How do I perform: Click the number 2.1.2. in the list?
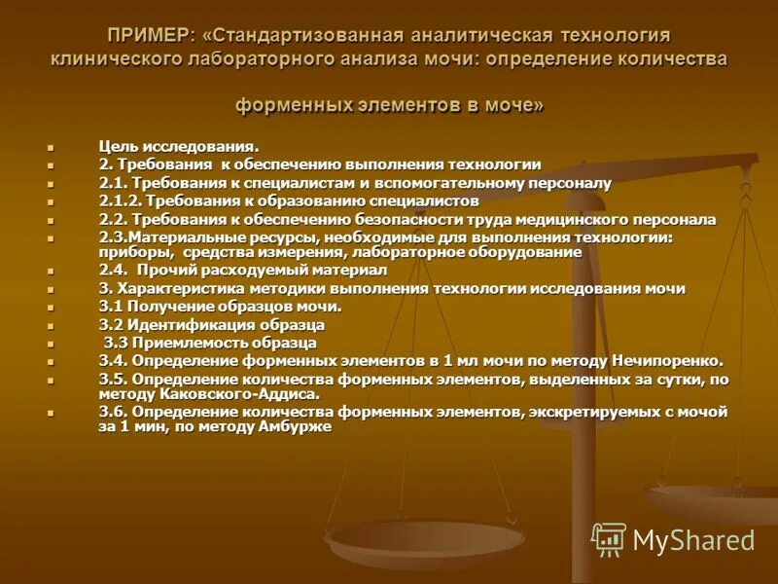tap(122, 201)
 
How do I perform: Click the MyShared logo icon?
tap(609, 539)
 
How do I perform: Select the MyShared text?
tap(693, 540)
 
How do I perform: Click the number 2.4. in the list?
tap(115, 270)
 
